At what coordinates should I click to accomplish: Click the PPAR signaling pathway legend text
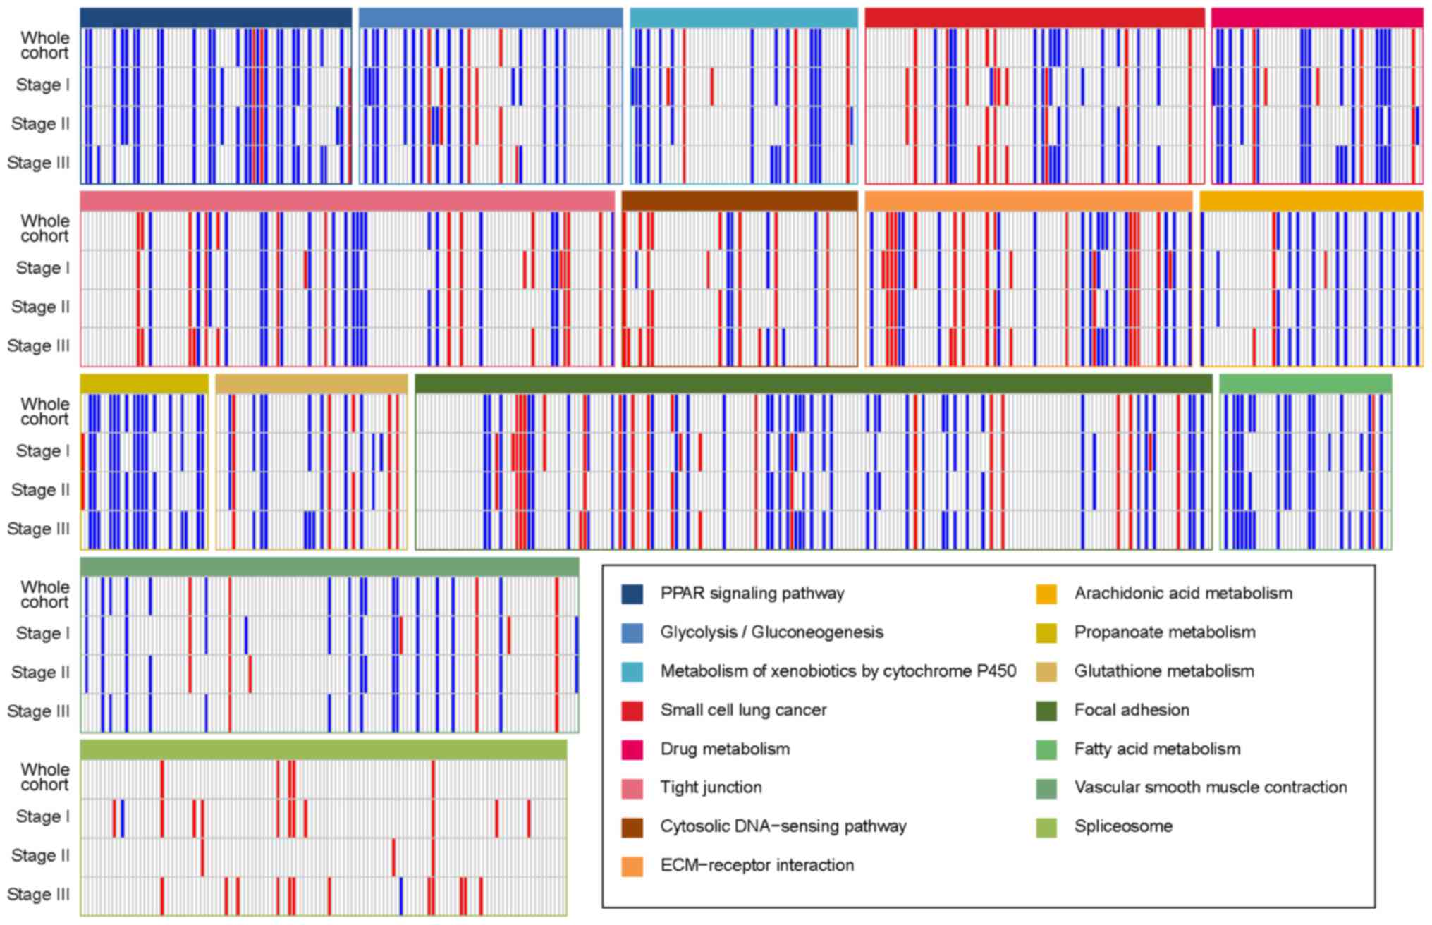pos(752,594)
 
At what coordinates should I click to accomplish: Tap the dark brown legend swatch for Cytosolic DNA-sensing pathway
pos(632,827)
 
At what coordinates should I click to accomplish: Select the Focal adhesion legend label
pos(1131,710)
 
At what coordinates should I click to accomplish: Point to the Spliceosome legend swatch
pos(1046,827)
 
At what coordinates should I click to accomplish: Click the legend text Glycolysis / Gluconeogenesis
pos(771,632)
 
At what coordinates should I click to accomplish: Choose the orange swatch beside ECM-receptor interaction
pos(632,866)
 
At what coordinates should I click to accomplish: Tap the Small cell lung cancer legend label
pos(743,710)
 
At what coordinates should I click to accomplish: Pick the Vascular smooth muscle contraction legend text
pos(1210,788)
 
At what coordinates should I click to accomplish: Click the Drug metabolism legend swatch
pos(632,749)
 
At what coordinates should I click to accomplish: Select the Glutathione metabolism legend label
pos(1163,671)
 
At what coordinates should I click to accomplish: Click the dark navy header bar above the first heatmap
pos(216,18)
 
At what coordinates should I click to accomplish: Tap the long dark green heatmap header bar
pos(813,384)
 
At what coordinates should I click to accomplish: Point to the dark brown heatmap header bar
pos(739,201)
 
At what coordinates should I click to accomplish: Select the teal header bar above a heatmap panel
pos(744,18)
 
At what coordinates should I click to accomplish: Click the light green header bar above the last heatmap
pos(323,750)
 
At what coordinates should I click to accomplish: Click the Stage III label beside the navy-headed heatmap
pos(39,163)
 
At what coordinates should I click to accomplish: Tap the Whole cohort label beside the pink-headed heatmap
pos(44,228)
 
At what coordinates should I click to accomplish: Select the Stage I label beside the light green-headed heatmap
pos(42,816)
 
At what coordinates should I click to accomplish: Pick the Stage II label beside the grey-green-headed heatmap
pos(40,673)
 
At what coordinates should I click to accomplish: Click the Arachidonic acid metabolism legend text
pos(1183,594)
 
